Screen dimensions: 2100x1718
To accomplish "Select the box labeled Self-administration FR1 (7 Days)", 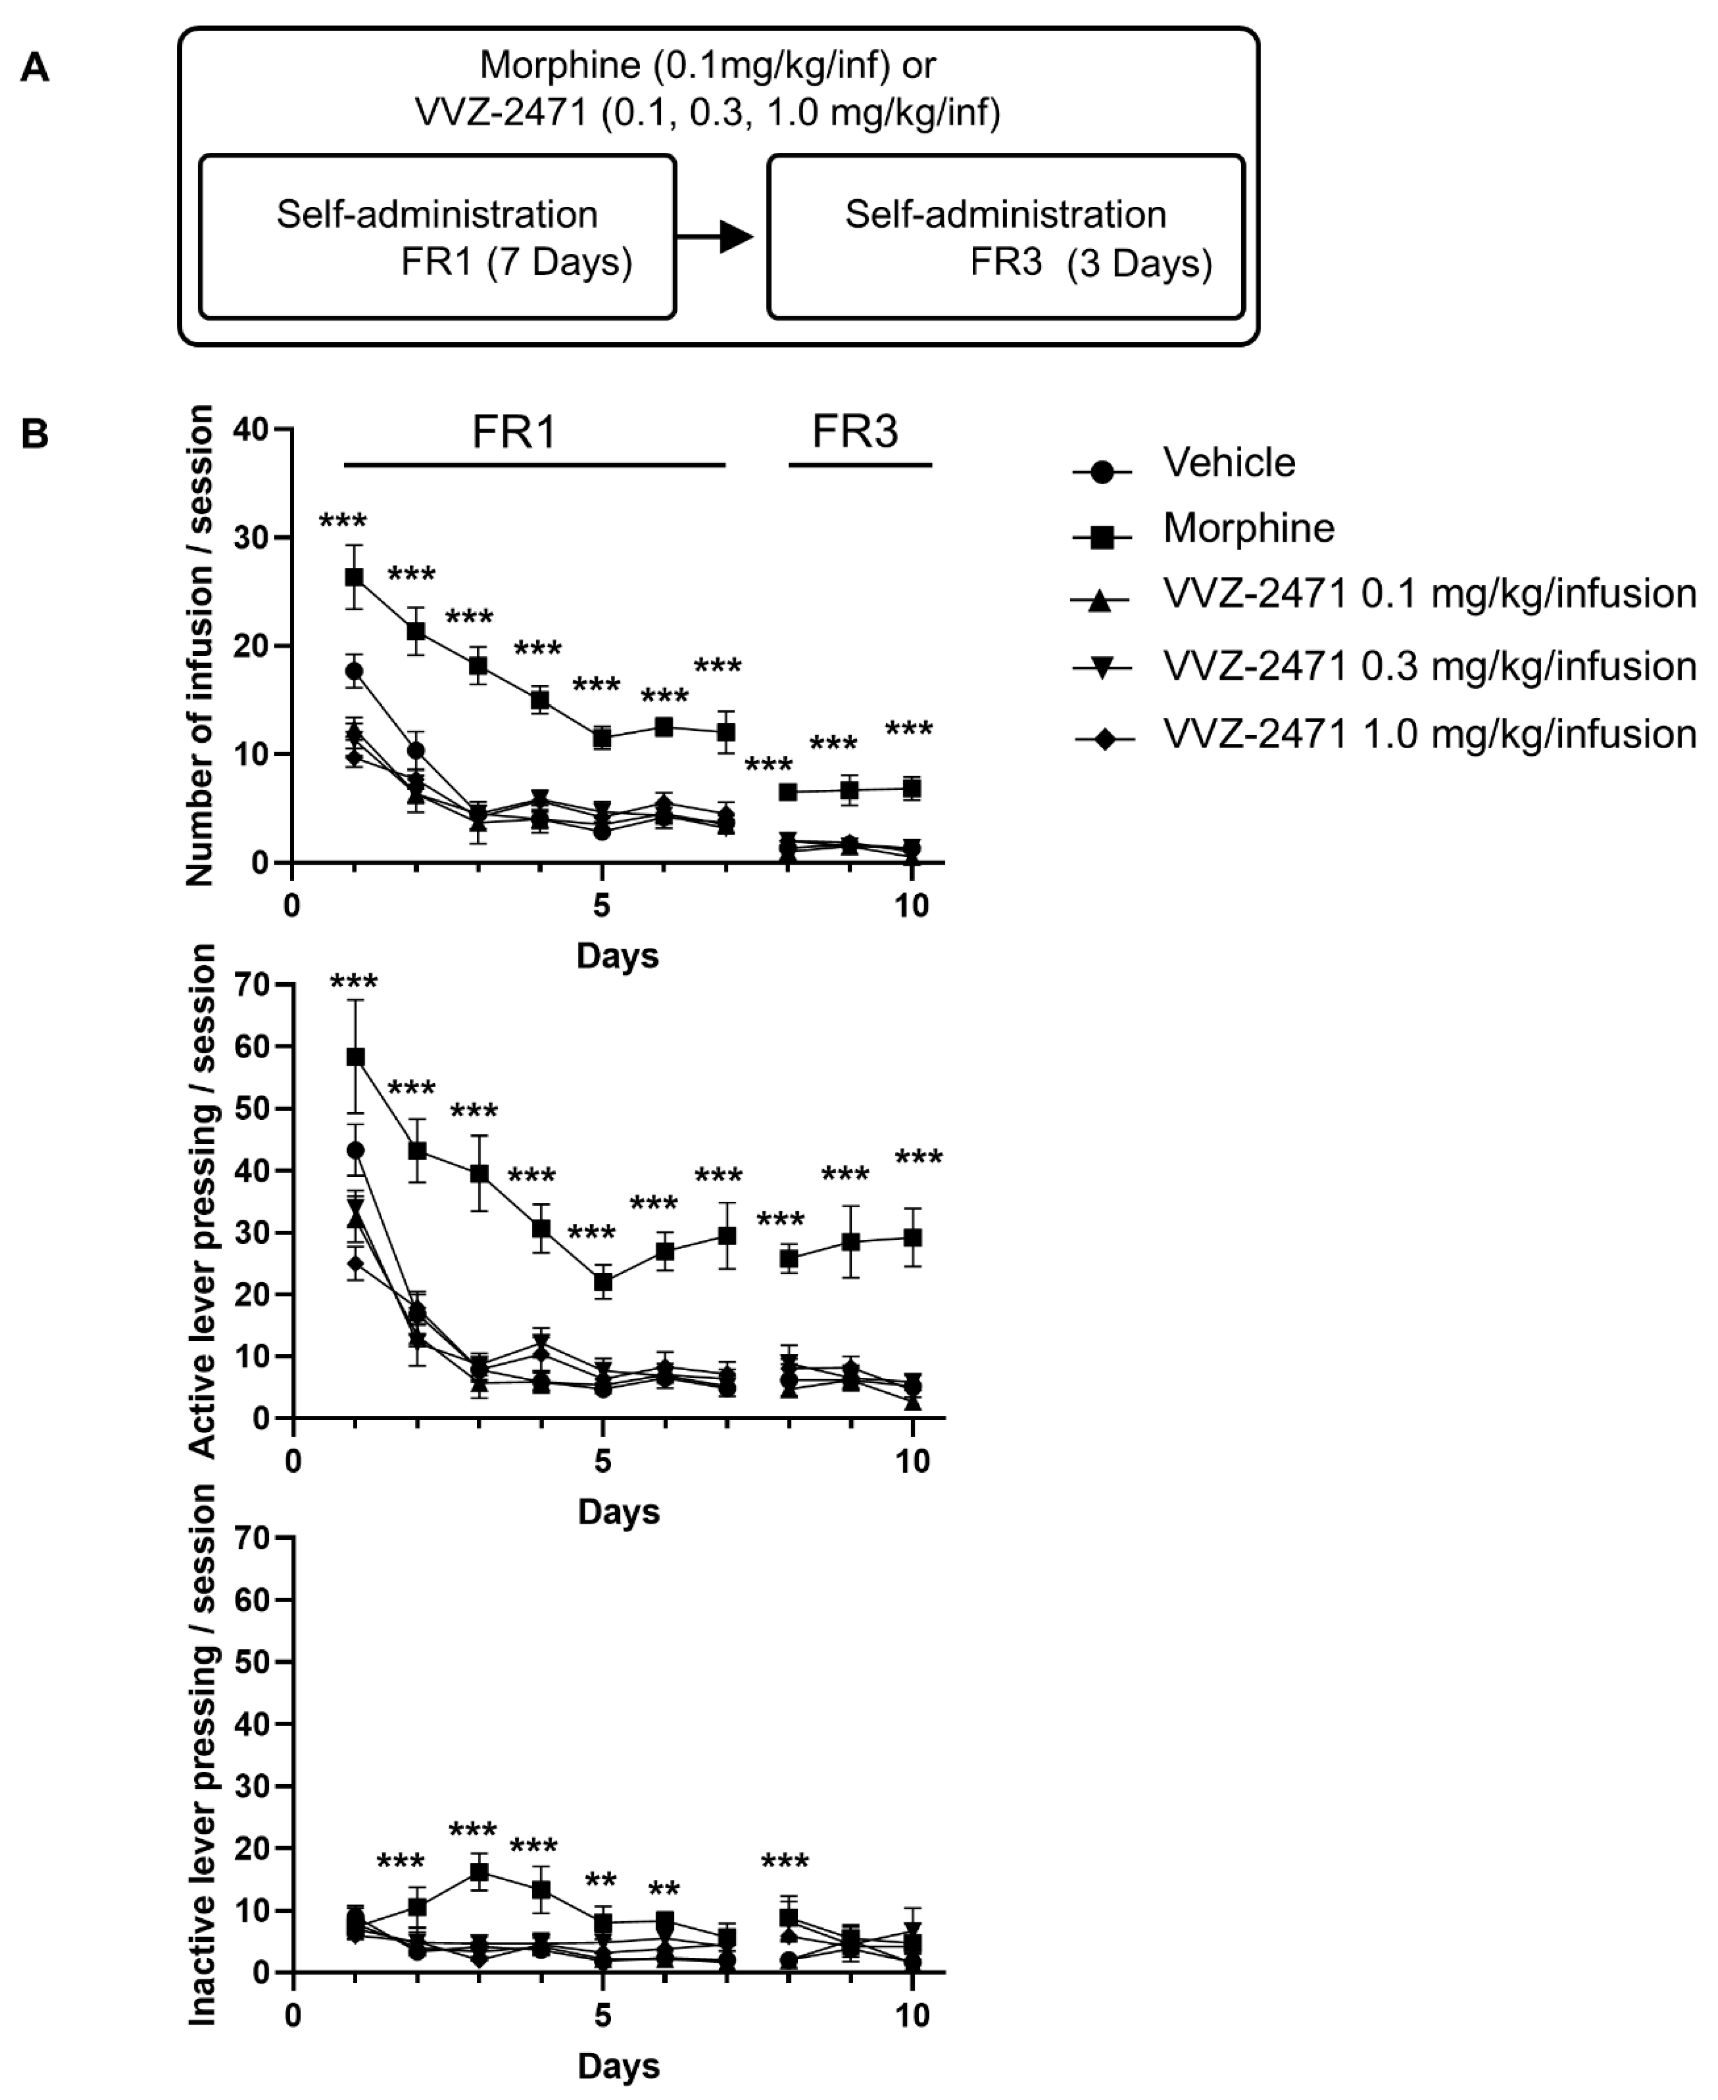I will pos(437,238).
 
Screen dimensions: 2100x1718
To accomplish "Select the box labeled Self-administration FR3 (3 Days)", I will pos(1006,238).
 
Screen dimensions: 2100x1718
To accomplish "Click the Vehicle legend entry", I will pos(1228,463).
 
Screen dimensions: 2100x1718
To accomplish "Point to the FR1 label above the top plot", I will pos(514,432).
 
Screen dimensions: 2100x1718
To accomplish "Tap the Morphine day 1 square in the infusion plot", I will pos(354,577).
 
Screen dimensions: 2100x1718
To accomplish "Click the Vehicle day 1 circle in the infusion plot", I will pos(354,671).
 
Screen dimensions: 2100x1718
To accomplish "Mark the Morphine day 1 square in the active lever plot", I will pos(355,1057).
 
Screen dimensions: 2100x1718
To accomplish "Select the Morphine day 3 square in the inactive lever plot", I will pos(479,1872).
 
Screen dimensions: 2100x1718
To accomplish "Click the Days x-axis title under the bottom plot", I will pos(618,2066).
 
